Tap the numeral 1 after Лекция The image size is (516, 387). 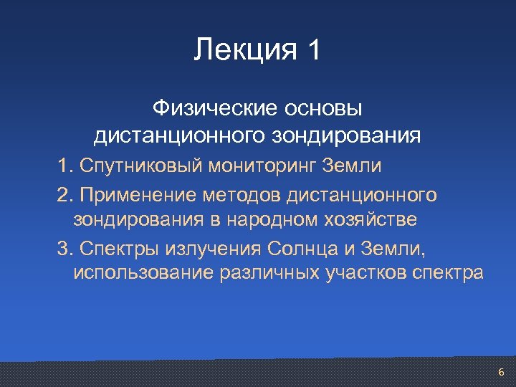click(314, 51)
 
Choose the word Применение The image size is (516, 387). click(138, 193)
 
